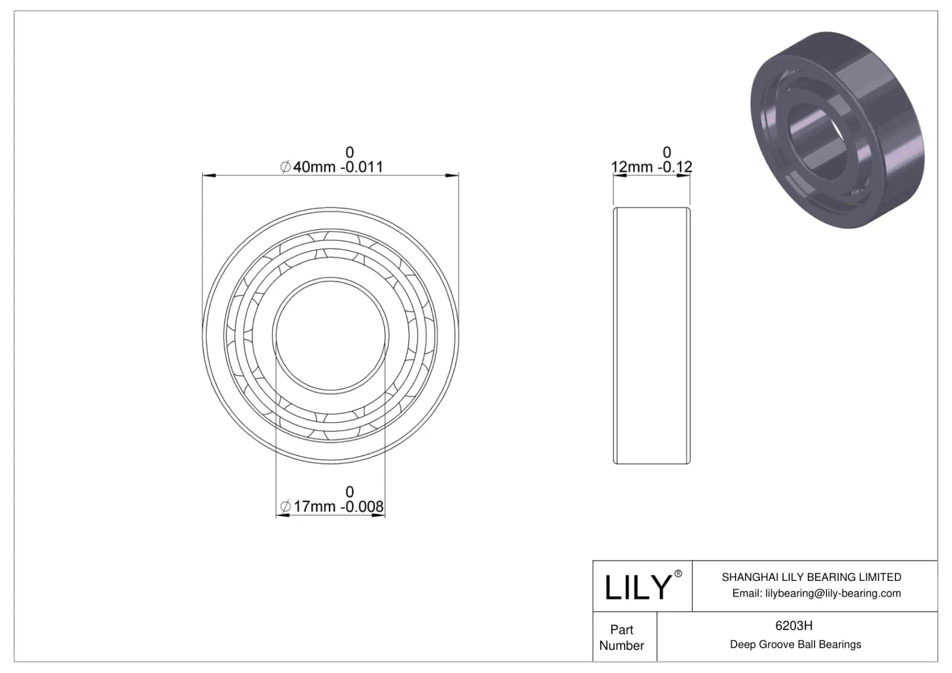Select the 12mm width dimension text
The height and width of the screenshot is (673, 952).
pyautogui.click(x=632, y=167)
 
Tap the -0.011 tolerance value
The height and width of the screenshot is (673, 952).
pyautogui.click(x=362, y=167)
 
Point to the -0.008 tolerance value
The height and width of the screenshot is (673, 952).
pyautogui.click(x=362, y=507)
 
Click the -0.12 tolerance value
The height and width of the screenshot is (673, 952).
pyautogui.click(x=675, y=167)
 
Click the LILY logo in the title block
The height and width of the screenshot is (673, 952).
pyautogui.click(x=637, y=587)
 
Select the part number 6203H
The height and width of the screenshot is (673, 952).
pyautogui.click(x=794, y=625)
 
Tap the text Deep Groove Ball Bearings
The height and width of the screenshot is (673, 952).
pyautogui.click(x=795, y=644)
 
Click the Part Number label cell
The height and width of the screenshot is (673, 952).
pyautogui.click(x=622, y=637)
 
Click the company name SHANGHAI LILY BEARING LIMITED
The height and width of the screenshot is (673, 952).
pyautogui.click(x=811, y=577)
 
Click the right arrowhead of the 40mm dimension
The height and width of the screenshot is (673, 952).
pyautogui.click(x=453, y=175)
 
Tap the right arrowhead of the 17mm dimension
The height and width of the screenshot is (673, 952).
pyautogui.click(x=379, y=515)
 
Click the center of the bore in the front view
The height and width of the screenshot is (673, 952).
pyautogui.click(x=331, y=335)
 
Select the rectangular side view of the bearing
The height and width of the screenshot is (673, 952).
pyautogui.click(x=652, y=335)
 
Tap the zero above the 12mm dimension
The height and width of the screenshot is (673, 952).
pyautogui.click(x=666, y=152)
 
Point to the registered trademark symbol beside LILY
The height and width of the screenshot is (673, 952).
pyautogui.click(x=678, y=574)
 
